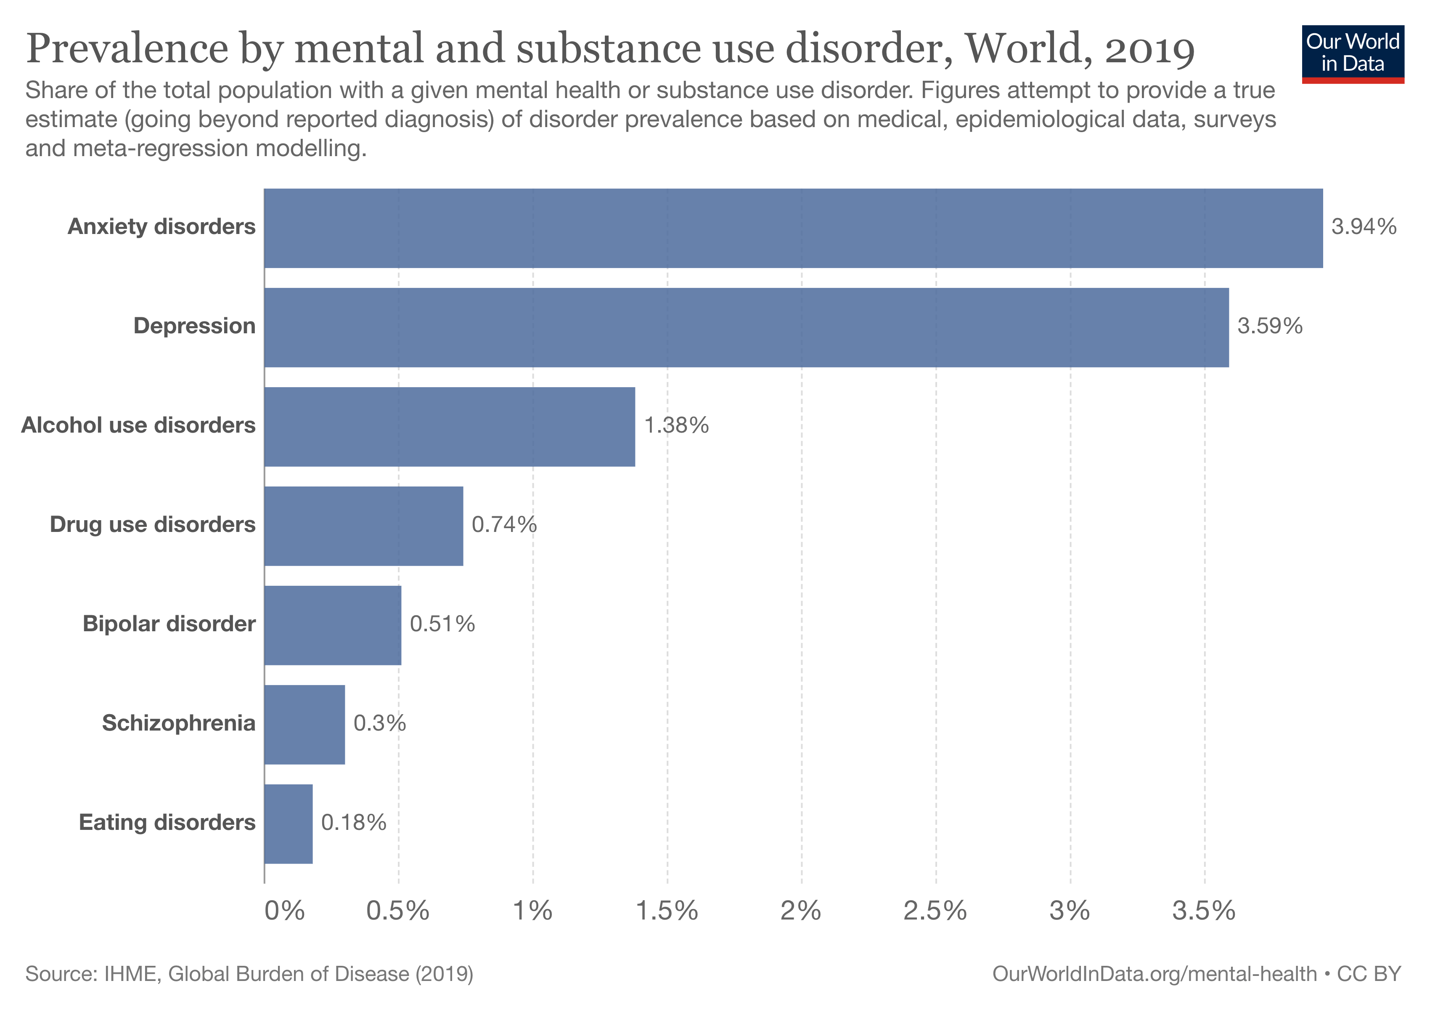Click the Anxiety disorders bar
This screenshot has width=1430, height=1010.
793,228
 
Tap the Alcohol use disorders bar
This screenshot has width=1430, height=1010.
449,426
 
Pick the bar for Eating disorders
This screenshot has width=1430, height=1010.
289,823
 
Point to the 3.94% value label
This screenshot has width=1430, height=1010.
1364,227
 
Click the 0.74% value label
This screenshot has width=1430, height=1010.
504,525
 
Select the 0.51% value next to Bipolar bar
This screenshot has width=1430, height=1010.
442,624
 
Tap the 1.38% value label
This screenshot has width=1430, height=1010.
676,425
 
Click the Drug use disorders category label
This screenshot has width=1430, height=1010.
153,525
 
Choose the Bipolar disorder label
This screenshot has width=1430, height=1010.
169,624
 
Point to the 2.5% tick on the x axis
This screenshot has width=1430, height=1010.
935,912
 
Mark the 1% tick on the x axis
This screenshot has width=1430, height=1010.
532,912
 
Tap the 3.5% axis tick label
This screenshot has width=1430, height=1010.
1203,912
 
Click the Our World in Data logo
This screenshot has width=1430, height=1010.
1353,53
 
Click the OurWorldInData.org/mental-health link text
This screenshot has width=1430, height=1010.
1154,974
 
